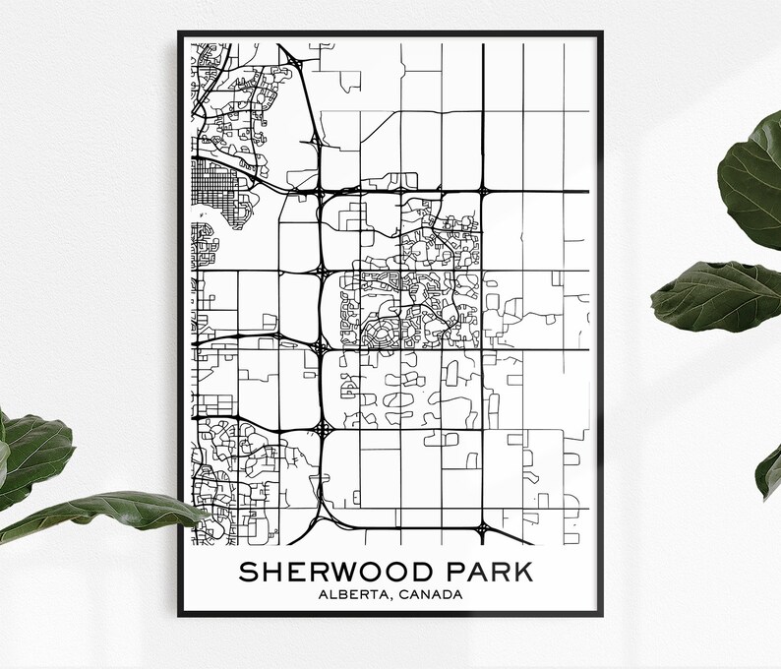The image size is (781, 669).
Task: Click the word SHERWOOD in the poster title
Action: click(333, 573)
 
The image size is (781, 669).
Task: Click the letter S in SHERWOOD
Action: click(247, 573)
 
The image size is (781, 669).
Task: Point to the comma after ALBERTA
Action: click(390, 597)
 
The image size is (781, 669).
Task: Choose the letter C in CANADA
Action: click(401, 594)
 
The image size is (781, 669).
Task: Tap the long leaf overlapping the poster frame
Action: click(108, 512)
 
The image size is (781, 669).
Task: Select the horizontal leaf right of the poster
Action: click(713, 295)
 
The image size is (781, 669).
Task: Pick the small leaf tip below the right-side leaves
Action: click(769, 472)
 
